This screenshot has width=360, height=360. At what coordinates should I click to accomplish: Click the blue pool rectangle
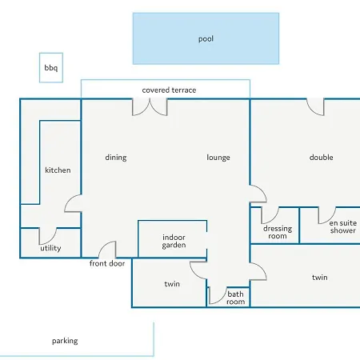coord(206,38)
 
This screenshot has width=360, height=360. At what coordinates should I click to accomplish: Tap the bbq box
coord(51,68)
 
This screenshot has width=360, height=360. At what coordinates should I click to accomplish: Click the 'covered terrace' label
coord(169,90)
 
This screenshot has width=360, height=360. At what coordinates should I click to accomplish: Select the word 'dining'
coord(116,158)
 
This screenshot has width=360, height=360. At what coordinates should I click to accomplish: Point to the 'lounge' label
coord(218,158)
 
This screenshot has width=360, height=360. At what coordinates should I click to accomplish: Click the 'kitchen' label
coord(58,170)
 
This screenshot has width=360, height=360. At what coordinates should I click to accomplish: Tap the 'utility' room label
coord(50,248)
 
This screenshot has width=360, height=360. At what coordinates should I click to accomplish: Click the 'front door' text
coord(107,263)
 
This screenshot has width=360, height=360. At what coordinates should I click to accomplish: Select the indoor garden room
coord(173,239)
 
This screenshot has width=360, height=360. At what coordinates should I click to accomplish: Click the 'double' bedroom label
coord(322,158)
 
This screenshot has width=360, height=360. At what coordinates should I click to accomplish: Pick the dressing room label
coord(278,232)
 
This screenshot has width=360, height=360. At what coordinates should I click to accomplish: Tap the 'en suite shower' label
coord(343,226)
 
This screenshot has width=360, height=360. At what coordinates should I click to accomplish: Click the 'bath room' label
coord(235,298)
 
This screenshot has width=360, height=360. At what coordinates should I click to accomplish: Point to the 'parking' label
coord(65,341)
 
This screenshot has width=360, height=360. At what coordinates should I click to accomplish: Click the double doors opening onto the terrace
coord(150,107)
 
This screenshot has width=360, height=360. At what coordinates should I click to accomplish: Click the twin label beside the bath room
coord(172,284)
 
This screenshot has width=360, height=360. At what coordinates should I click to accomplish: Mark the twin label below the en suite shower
coord(320,278)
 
